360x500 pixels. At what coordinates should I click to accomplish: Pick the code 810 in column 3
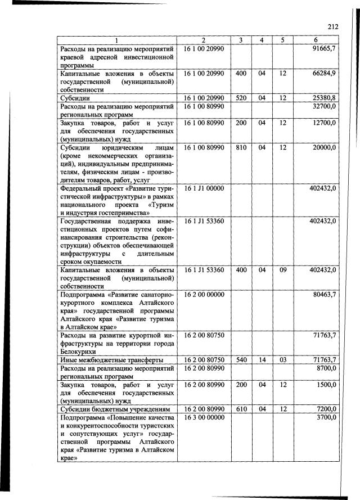coord(241,147)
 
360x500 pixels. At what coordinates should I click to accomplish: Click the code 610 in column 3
coord(241,409)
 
